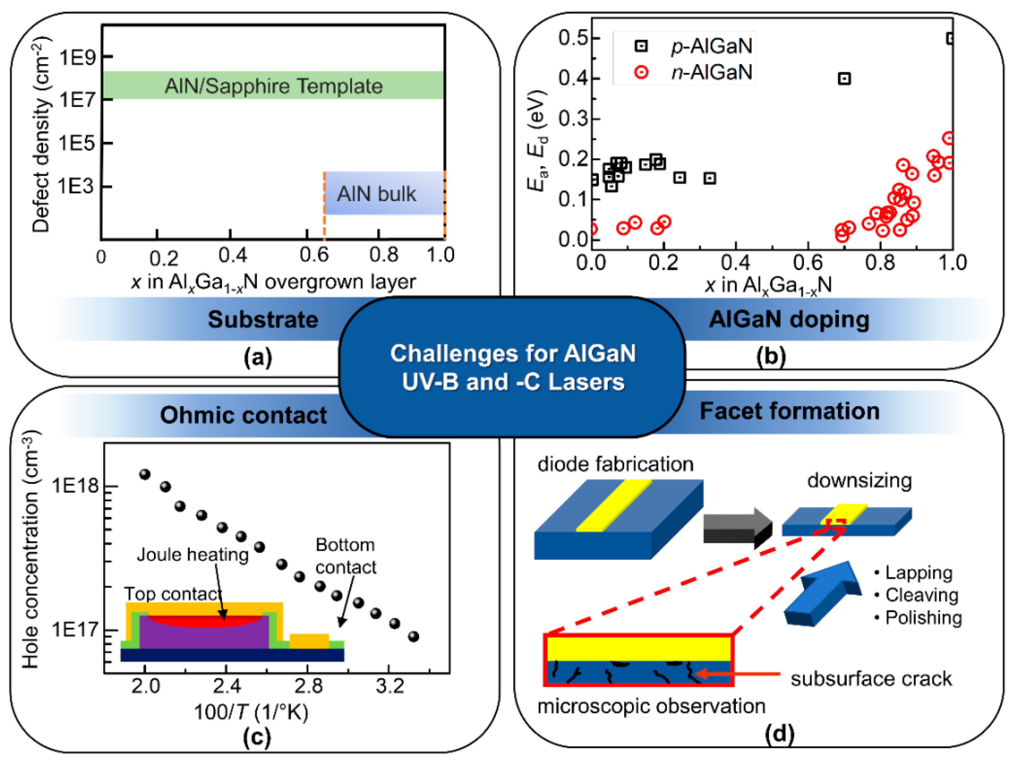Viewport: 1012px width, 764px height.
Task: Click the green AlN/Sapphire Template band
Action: click(273, 85)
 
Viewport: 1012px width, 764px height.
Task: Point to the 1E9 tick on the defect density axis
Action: click(78, 57)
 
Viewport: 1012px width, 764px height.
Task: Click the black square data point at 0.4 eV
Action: click(844, 79)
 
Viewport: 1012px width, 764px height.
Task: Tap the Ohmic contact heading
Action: click(243, 415)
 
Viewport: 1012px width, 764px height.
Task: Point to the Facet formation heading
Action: click(789, 410)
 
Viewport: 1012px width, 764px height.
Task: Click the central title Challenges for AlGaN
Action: click(512, 354)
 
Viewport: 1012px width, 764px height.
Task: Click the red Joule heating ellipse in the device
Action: click(204, 621)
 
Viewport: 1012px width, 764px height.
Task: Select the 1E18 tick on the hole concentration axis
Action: click(76, 486)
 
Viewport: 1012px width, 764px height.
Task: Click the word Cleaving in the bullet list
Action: click(922, 595)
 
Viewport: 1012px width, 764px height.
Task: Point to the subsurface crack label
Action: click(871, 679)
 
